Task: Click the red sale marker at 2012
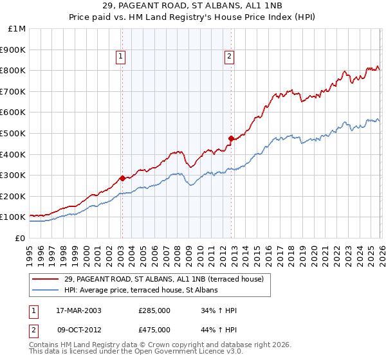click(x=231, y=138)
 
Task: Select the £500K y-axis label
click(x=14, y=134)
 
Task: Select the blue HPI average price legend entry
click(x=141, y=290)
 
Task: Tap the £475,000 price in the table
click(x=154, y=330)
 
